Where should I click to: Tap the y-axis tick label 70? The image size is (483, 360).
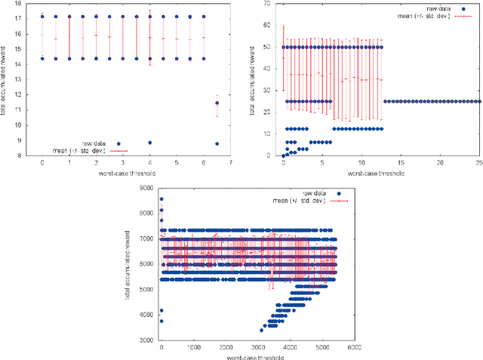click(267, 4)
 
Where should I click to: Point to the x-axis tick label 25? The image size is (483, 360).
click(478, 162)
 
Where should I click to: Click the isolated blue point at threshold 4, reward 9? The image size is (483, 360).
click(150, 142)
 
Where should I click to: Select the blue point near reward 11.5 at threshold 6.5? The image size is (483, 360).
click(217, 103)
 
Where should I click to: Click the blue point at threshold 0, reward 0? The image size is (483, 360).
click(284, 155)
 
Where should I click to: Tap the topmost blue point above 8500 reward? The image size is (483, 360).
click(161, 199)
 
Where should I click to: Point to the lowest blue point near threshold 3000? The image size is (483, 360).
click(262, 330)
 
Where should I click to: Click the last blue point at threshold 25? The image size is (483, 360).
click(478, 101)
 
